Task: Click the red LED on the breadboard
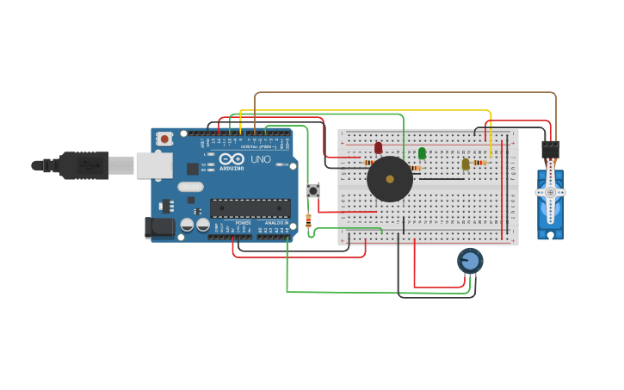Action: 378,148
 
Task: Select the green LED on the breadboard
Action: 422,153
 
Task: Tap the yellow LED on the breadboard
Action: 466,164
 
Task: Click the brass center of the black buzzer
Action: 390,179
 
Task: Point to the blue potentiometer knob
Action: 470,260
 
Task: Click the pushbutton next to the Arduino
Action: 313,190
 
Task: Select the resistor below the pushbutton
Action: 308,220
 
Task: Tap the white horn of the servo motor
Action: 550,192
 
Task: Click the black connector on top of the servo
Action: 550,149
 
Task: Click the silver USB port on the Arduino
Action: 153,165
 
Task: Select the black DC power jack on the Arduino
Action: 159,227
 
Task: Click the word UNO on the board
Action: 260,159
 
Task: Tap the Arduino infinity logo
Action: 231,159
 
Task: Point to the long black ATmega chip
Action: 250,208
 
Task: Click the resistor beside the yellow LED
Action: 479,162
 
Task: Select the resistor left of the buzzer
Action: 368,162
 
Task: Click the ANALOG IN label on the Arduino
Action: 276,223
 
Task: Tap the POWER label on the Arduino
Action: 244,223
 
